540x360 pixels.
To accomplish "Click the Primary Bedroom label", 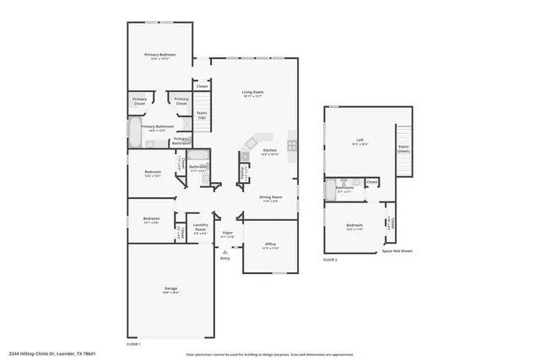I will [x=159, y=55].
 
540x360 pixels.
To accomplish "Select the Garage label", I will [x=170, y=289].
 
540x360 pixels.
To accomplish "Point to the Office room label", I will [x=270, y=245].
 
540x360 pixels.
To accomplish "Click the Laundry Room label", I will [x=201, y=226].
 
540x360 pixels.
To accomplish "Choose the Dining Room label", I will [x=271, y=197].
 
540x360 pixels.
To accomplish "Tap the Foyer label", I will [x=228, y=234].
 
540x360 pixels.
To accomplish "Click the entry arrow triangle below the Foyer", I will [x=225, y=251].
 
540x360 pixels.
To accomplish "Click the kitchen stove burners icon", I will [x=292, y=145].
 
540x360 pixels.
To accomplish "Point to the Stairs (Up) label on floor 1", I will [x=202, y=115].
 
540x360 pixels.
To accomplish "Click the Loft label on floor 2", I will [x=359, y=141].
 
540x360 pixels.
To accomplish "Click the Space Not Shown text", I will [x=397, y=251].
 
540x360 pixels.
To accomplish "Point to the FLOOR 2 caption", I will [x=330, y=261].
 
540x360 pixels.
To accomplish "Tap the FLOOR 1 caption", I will [x=133, y=344].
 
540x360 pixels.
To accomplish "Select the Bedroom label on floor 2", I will [x=354, y=226].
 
